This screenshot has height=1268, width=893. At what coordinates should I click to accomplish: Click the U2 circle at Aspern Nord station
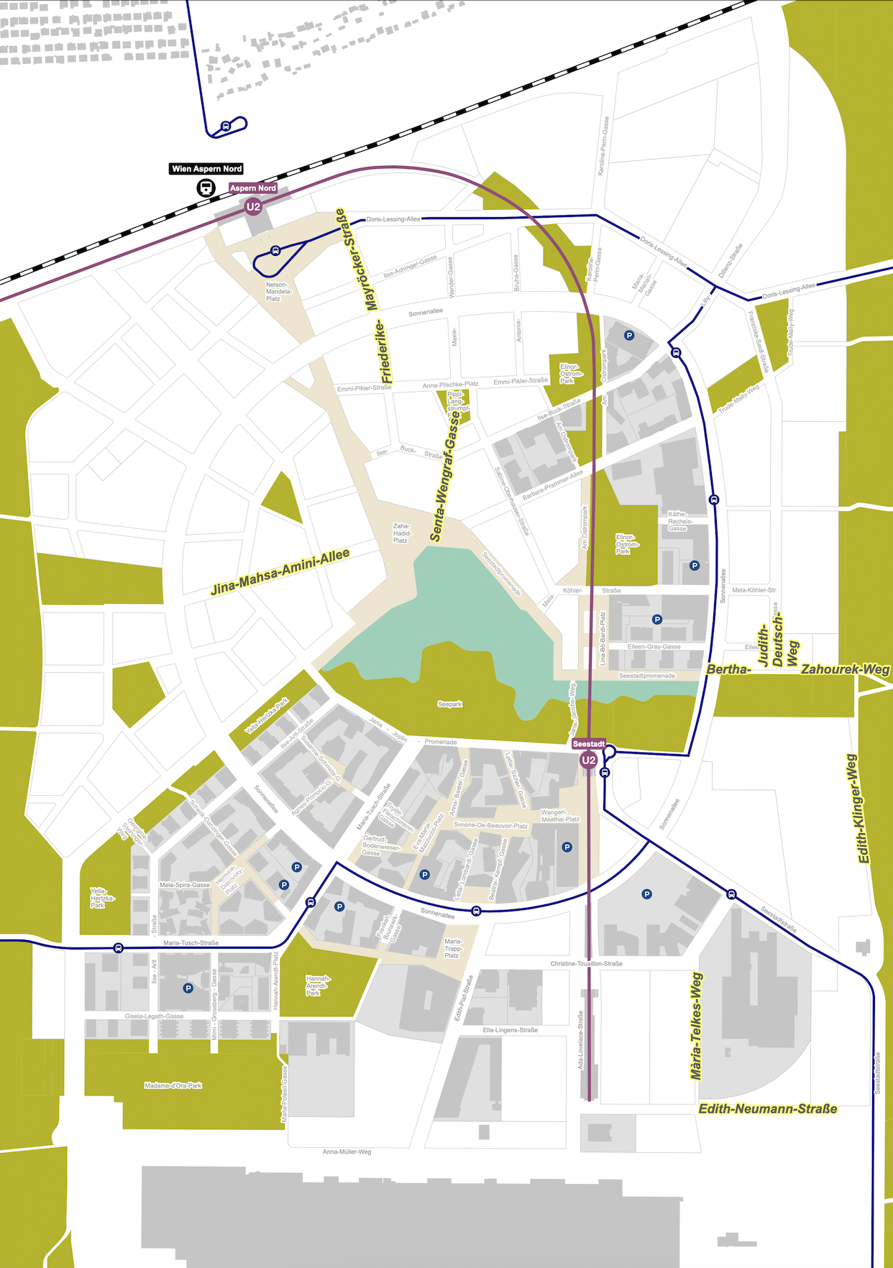click(253, 207)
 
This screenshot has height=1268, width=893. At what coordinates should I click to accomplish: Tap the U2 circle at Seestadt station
click(588, 760)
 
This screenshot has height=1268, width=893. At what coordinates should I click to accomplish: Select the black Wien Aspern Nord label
click(207, 169)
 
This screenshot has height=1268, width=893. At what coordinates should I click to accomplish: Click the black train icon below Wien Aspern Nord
click(206, 188)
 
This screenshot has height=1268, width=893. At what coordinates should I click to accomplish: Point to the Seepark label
click(450, 704)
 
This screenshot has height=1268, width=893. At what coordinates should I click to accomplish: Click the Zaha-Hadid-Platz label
click(402, 533)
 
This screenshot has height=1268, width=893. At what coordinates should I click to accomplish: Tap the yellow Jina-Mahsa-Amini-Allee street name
click(280, 572)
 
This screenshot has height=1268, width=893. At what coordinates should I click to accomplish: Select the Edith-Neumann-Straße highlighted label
click(768, 1108)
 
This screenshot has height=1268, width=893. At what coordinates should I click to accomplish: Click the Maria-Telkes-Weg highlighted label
click(696, 1026)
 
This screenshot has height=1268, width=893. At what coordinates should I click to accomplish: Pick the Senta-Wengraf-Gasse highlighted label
click(445, 476)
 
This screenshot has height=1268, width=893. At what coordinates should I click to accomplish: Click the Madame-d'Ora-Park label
click(173, 1085)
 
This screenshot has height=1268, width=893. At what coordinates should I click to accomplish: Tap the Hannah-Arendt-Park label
click(317, 986)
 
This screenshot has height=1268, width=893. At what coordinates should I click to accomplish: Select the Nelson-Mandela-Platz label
click(278, 291)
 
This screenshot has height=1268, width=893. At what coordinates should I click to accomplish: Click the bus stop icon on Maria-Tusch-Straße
click(119, 948)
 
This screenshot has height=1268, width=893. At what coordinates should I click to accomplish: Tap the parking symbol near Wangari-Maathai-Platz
click(567, 847)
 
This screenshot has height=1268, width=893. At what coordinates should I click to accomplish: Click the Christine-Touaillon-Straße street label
click(586, 963)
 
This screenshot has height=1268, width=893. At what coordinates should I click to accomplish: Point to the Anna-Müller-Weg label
click(347, 1152)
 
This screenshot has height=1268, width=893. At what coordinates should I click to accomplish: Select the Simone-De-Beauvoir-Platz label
click(490, 825)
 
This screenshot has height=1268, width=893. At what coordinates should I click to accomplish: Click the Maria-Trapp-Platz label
click(453, 948)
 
